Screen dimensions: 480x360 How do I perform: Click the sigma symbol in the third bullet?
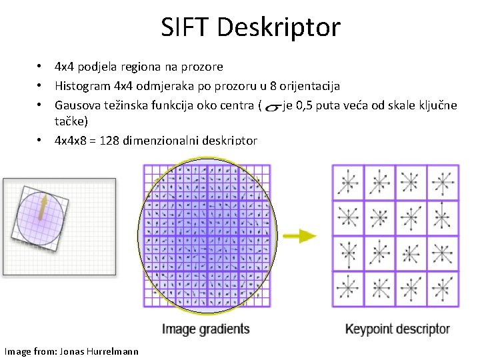[271, 107]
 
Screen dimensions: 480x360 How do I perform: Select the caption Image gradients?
[205, 329]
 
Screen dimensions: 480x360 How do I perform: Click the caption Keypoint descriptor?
[397, 329]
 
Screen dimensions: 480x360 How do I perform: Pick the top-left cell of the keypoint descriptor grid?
[348, 182]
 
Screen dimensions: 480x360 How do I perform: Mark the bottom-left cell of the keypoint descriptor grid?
[348, 289]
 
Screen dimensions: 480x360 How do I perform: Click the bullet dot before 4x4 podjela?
[41, 67]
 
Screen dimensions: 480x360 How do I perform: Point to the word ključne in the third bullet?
[437, 105]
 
